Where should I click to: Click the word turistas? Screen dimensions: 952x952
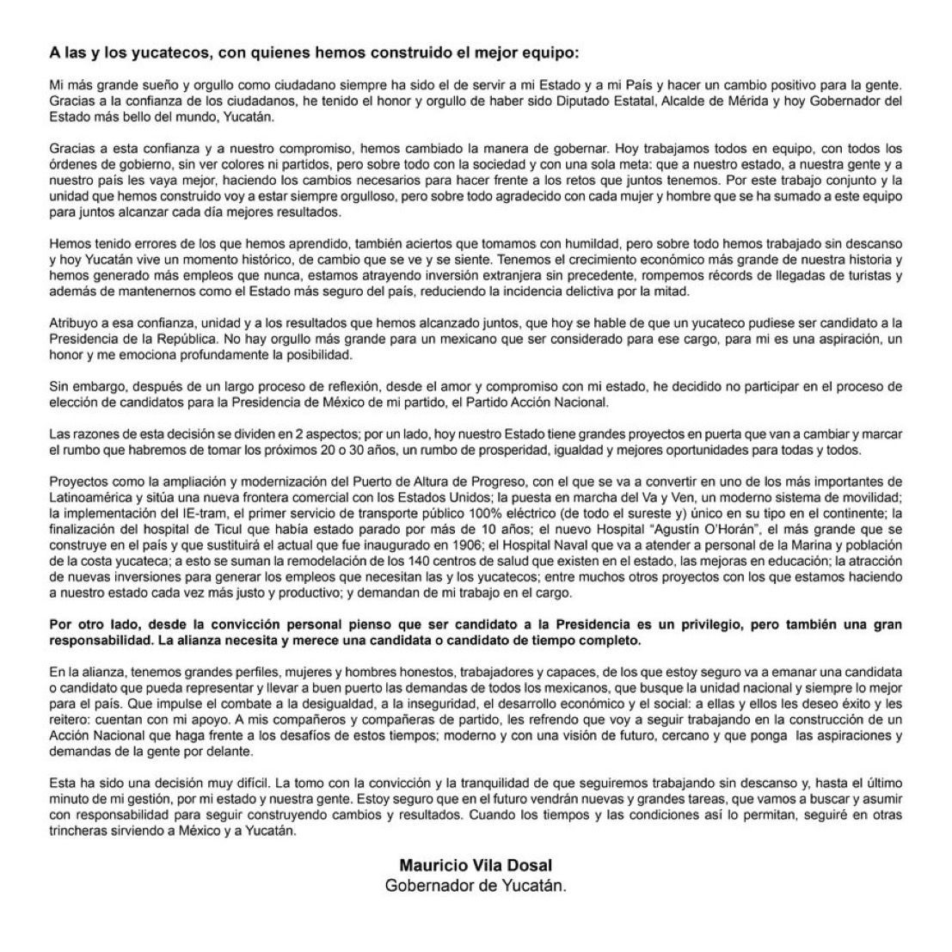pos(875,274)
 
